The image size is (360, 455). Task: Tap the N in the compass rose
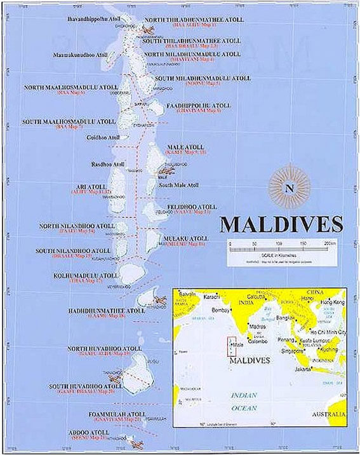[290, 187]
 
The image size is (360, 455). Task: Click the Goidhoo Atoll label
[103, 137]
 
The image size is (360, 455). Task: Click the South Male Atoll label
[179, 185]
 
